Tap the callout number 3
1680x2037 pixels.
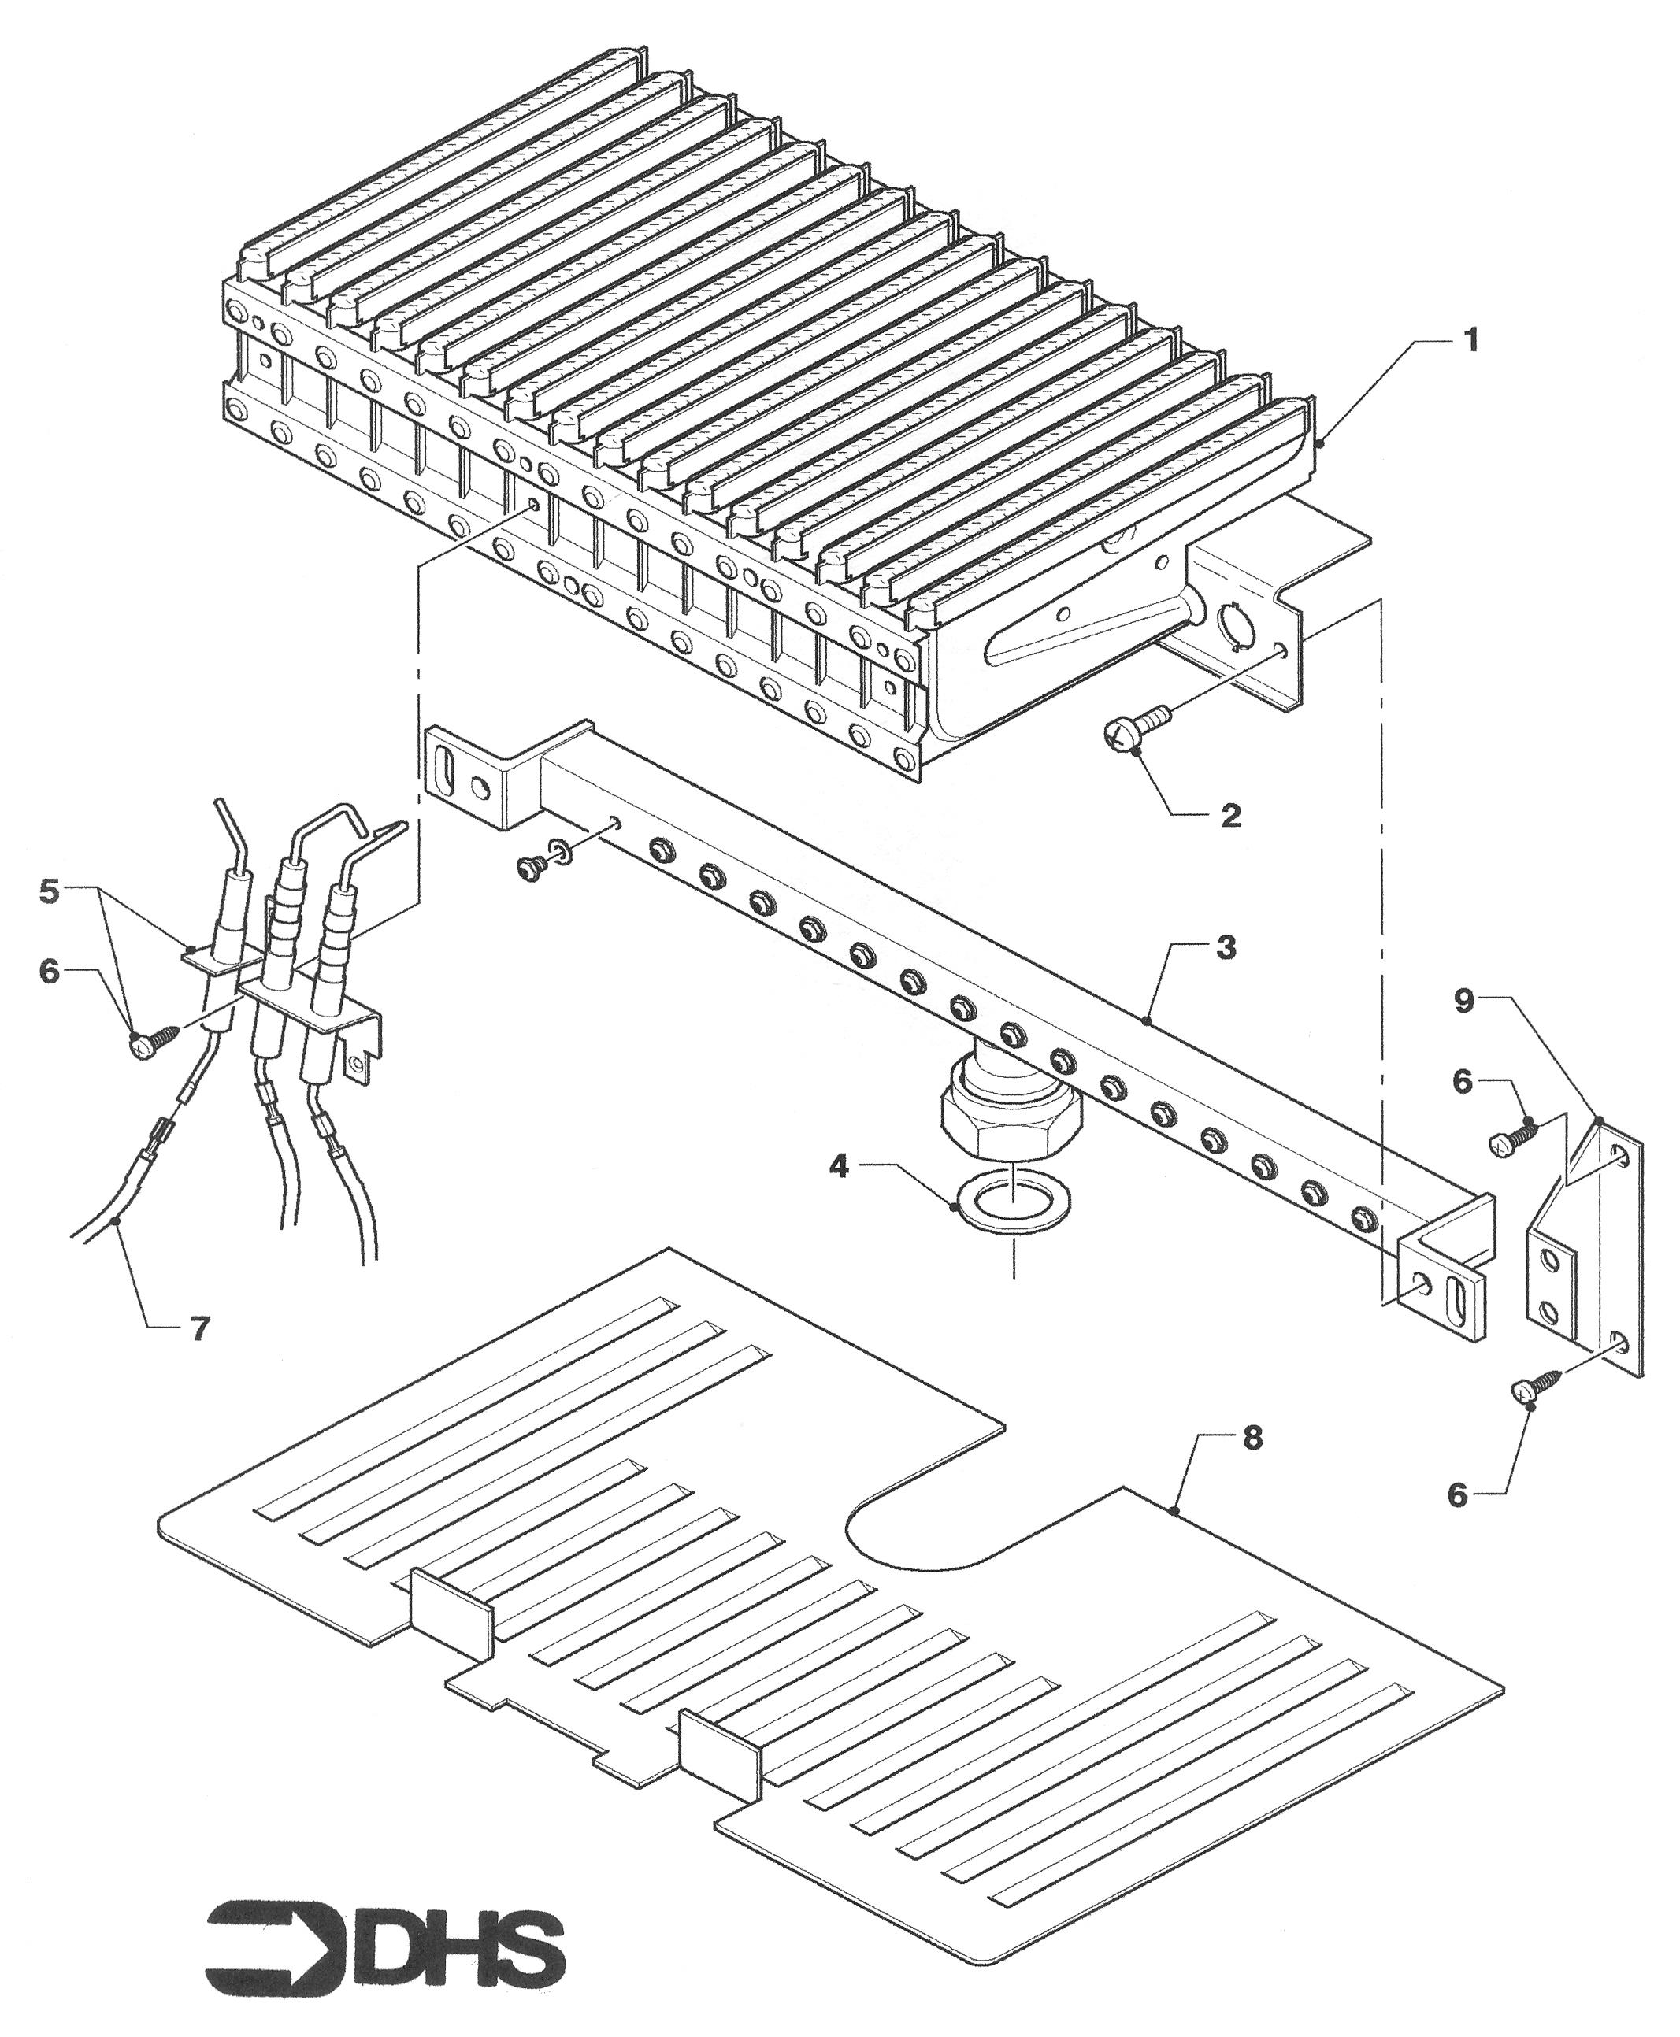pyautogui.click(x=1226, y=947)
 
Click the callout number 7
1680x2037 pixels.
pyautogui.click(x=198, y=1329)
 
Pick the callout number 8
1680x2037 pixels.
pyautogui.click(x=1252, y=1439)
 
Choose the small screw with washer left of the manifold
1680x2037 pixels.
pyautogui.click(x=546, y=856)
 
